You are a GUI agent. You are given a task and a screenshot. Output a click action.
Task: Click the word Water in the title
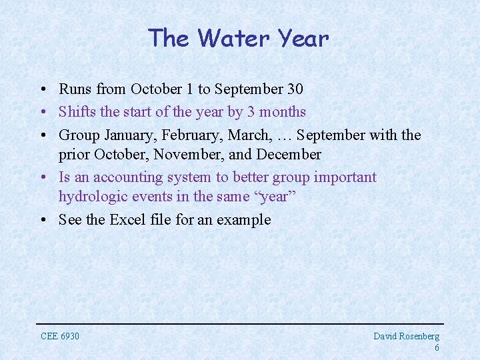(231, 39)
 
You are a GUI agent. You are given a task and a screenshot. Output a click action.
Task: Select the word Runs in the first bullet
(75, 89)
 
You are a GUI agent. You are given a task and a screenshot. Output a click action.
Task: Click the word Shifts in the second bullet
(77, 112)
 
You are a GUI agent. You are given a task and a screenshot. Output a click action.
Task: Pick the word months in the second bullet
(282, 112)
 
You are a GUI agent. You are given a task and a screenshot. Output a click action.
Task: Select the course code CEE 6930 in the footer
(60, 336)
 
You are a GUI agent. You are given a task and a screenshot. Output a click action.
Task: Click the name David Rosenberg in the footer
(406, 337)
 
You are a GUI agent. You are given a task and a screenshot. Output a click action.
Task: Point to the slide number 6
(436, 348)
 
